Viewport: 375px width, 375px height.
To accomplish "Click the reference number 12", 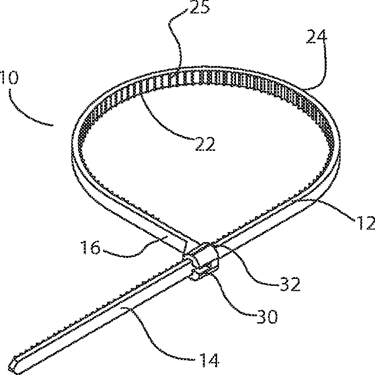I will click(361, 222).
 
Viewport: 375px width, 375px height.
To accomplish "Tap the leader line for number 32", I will click(249, 259).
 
